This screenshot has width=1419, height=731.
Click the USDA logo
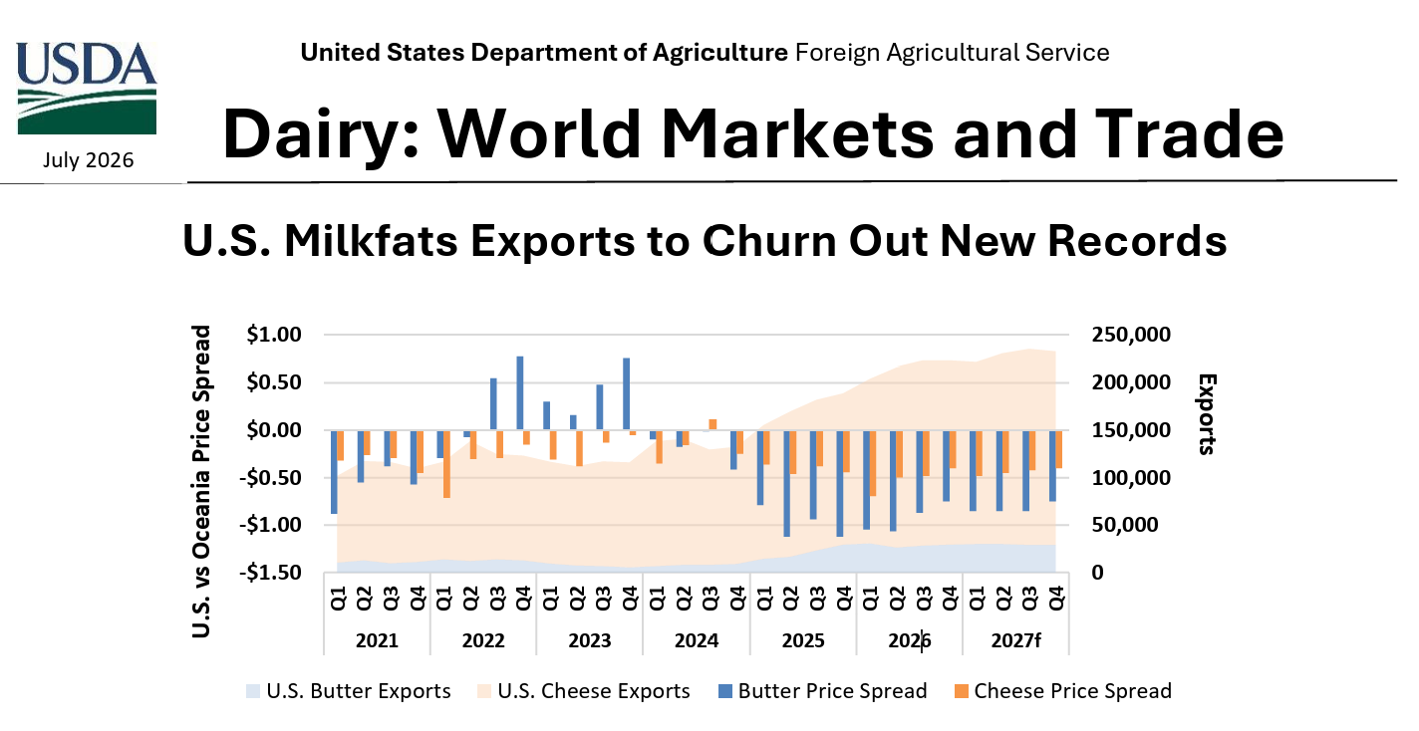pos(87,88)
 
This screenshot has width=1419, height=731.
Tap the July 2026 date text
pos(88,160)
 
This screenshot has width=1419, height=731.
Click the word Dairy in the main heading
pos(321,134)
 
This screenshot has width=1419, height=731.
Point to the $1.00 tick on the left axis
pos(274,335)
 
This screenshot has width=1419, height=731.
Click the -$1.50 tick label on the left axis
pos(270,572)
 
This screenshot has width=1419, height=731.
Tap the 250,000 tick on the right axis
pos(1131,335)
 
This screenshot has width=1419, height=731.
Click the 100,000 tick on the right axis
pos(1131,477)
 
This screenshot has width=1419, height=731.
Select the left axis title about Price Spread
pos(201,481)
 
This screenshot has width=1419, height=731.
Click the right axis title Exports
pos(1207,414)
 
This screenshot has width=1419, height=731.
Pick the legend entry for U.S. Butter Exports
pos(349,690)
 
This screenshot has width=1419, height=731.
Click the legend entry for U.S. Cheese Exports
pos(583,690)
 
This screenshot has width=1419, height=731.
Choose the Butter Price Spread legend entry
pos(822,690)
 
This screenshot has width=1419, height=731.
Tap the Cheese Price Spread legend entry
pos(1063,690)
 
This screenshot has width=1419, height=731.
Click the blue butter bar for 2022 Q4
pos(520,393)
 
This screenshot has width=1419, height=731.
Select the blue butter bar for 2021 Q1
pos(334,471)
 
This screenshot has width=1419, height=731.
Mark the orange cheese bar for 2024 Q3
pos(712,424)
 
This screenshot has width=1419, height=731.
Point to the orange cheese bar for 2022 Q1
pos(447,464)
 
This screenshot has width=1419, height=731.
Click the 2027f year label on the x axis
pos(1015,640)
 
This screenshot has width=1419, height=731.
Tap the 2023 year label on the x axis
pos(590,640)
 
